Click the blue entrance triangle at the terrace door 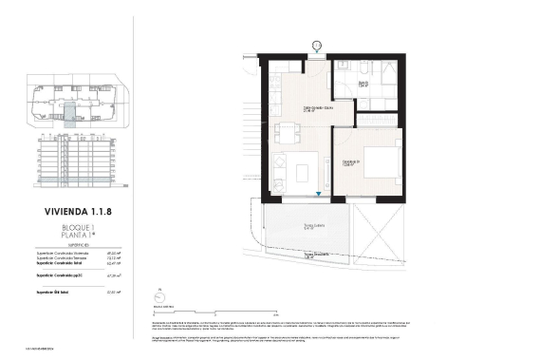click(x=319, y=195)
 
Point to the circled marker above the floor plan click(x=316, y=43)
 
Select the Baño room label click(x=363, y=84)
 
